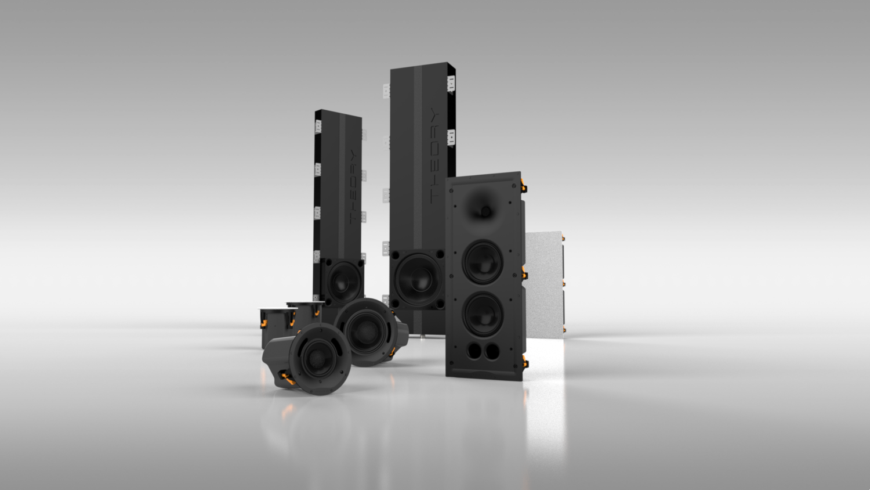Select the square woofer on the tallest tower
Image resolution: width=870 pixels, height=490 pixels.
coord(418,279)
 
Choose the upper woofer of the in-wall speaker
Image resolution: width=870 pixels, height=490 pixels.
coord(483,262)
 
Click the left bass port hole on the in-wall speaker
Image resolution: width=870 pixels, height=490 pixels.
coord(474,351)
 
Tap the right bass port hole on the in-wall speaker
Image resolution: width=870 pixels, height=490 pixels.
coord(492,351)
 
